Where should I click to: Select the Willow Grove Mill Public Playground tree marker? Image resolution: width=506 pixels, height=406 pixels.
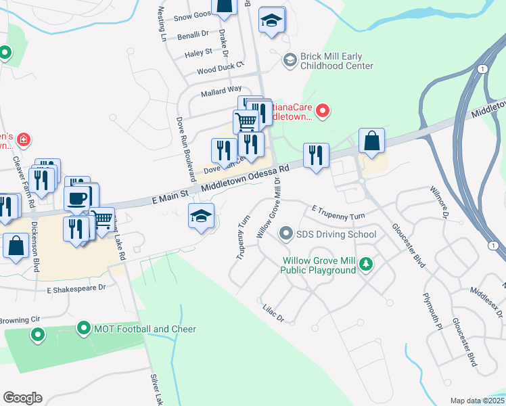point(366,263)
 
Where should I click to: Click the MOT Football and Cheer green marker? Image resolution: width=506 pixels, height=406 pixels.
point(84,329)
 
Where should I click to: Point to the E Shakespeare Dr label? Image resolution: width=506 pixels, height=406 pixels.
point(76,288)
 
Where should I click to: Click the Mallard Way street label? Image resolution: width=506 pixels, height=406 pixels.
point(221,89)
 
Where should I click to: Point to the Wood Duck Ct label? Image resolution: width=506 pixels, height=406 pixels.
point(220,70)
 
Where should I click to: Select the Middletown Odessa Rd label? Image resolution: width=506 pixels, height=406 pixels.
point(246,178)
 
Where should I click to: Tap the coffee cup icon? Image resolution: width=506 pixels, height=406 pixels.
point(76,199)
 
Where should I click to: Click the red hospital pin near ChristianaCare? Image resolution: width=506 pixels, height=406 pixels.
point(323,110)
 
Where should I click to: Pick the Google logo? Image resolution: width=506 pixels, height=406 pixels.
point(22,398)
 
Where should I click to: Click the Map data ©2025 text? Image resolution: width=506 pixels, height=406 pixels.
point(477,401)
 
